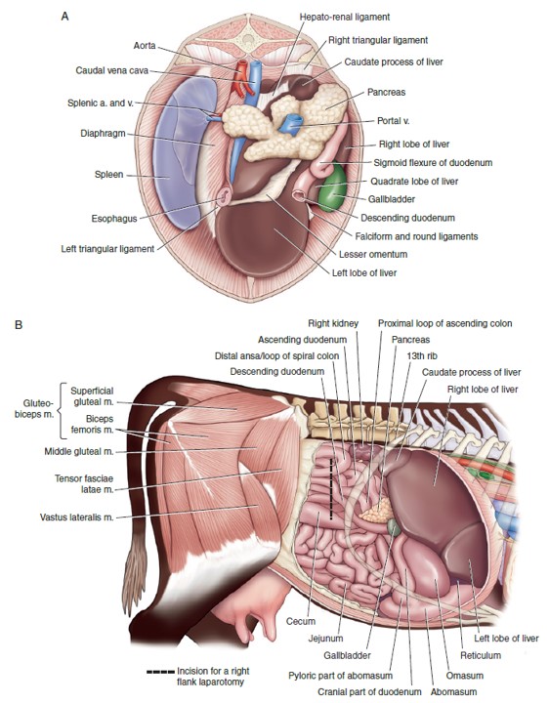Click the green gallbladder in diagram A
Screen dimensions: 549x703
(x=333, y=186)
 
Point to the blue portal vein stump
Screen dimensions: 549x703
(x=291, y=125)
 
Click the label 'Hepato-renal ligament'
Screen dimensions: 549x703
(x=345, y=17)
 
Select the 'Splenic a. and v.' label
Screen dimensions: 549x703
(x=101, y=103)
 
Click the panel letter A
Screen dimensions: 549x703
(x=65, y=17)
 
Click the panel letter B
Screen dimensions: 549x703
(x=19, y=324)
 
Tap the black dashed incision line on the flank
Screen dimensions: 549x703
(x=331, y=489)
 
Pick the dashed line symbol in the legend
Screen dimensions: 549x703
(x=160, y=672)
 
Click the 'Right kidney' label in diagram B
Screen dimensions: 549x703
(x=333, y=323)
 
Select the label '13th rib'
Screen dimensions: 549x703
(x=422, y=356)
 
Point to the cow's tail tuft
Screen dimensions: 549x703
(x=136, y=582)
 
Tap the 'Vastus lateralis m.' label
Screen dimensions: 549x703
(x=77, y=517)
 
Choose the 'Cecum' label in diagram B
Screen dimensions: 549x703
(x=301, y=621)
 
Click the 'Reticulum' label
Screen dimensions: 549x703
(x=481, y=655)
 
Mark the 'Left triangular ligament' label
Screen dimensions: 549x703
(x=107, y=249)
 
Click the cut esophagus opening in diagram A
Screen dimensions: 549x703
(x=224, y=195)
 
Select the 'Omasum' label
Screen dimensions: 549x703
(x=465, y=676)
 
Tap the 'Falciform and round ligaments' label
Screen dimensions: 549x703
(x=416, y=236)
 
